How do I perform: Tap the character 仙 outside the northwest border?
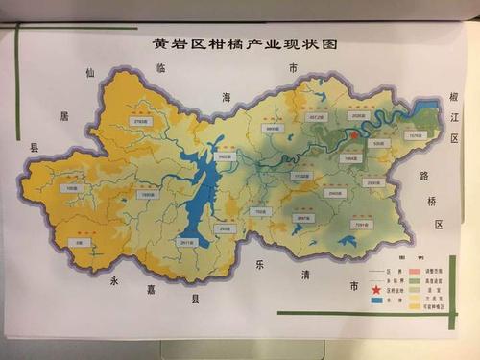[90, 72]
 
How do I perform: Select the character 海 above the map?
[228, 97]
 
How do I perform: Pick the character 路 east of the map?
[423, 177]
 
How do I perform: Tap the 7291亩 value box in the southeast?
[361, 223]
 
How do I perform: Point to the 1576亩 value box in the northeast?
[415, 136]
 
